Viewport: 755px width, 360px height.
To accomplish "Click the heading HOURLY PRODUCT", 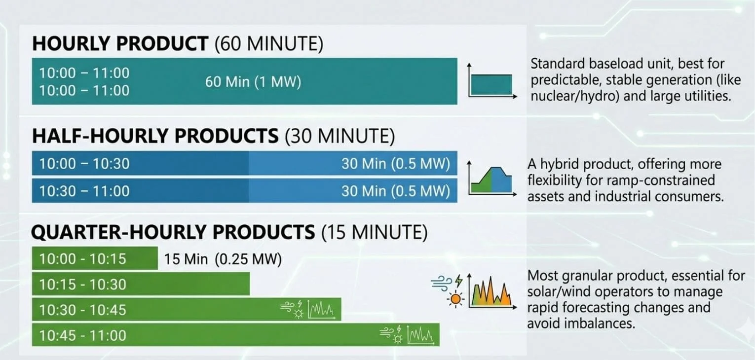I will [x=120, y=44].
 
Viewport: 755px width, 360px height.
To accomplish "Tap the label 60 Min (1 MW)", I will [x=253, y=82].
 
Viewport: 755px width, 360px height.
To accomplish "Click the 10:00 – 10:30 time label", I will [x=84, y=164].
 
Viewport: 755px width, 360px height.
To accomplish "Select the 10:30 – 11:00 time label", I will [x=84, y=191].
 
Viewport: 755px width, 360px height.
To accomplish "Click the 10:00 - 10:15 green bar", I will [x=95, y=258].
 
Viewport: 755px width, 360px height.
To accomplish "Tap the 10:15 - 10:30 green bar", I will [x=141, y=285].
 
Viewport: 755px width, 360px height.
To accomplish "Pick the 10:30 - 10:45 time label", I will [x=83, y=310].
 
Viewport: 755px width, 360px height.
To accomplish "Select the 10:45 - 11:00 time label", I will [x=83, y=336].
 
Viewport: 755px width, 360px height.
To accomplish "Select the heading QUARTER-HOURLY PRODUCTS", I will [x=173, y=232].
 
